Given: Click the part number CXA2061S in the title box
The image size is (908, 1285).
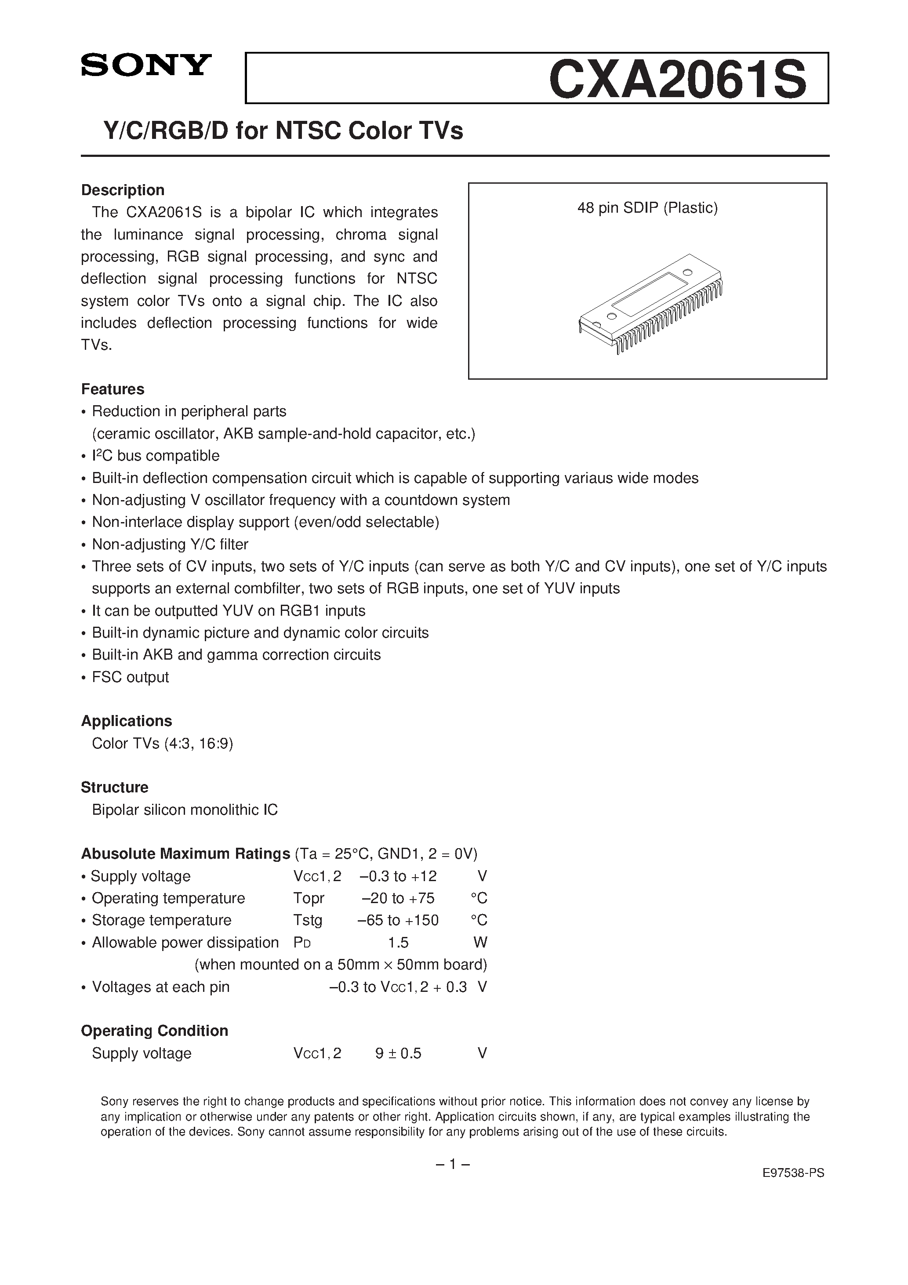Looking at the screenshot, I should pos(677,80).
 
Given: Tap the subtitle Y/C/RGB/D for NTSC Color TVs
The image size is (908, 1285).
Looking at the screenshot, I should pos(283,131).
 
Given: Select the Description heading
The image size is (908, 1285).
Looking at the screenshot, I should pos(123,190).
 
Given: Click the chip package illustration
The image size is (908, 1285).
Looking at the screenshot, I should pos(650,303).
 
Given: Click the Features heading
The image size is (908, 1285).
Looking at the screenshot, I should pos(113,389).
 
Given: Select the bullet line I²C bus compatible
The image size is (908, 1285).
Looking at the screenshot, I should pos(156,456).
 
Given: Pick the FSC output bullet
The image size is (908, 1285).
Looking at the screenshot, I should pos(130,677).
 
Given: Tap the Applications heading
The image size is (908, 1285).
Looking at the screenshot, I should pos(127,721).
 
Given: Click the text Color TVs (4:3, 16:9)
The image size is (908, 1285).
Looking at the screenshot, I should pos(162,743).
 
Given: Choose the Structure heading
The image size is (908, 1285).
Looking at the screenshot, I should pos(115,788).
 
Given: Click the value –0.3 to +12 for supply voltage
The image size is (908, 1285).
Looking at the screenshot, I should pos(398,876).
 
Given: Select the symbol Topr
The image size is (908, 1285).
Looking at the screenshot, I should pos(309,898).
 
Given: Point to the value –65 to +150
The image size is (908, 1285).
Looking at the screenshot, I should pos(398,920).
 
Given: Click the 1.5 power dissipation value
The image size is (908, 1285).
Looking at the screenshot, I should pos(398,943).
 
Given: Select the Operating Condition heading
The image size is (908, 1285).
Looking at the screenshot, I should pos(155,1031).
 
